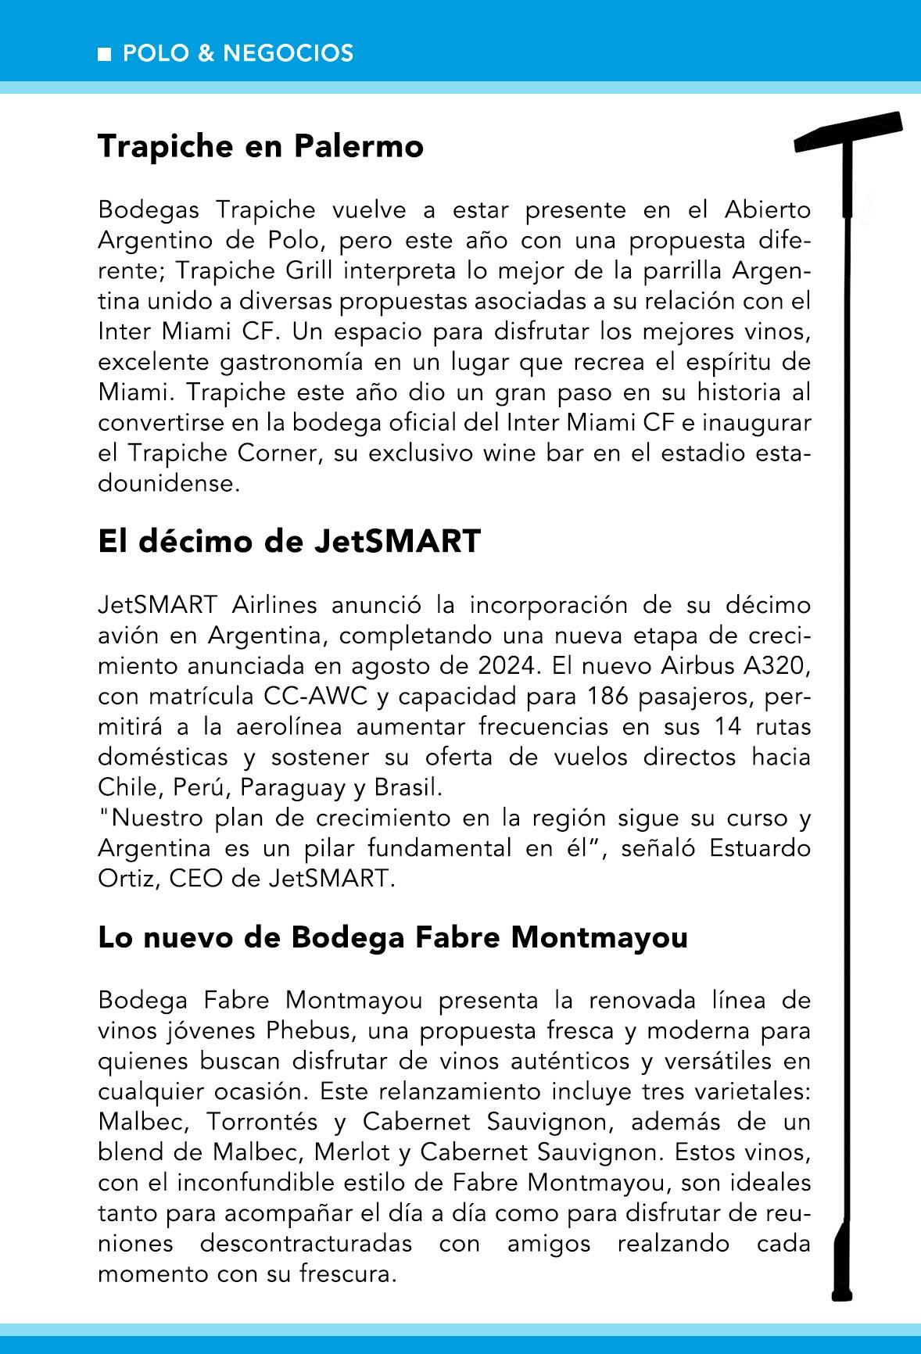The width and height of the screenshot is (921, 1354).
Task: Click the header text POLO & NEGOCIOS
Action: (238, 53)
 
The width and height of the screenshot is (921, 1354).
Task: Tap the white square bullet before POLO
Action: (104, 54)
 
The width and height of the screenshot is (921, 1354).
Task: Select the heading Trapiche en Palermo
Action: (260, 146)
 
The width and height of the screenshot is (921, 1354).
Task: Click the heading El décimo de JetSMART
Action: (288, 541)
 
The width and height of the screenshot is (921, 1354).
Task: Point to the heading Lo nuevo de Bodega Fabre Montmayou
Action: (392, 937)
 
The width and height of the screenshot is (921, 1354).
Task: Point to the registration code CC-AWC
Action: (316, 697)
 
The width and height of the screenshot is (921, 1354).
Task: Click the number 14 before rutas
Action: (730, 727)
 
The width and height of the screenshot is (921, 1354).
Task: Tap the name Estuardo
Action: (760, 848)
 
